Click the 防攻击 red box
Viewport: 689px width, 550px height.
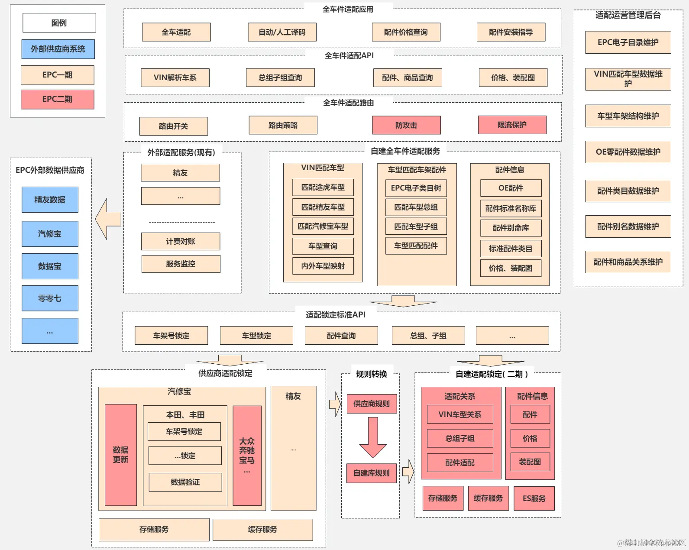point(406,125)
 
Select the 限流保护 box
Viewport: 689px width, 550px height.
point(512,125)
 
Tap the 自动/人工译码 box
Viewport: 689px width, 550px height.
point(282,32)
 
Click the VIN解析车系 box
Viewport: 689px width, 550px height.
point(175,78)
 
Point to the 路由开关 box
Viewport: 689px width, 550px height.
point(173,126)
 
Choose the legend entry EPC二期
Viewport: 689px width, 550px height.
point(57,99)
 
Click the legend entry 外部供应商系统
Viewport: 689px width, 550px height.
point(58,49)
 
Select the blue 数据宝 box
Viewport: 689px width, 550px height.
point(50,266)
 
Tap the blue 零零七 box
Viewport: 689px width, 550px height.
point(50,298)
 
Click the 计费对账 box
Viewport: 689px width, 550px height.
point(181,241)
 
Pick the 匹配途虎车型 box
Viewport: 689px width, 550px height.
point(323,187)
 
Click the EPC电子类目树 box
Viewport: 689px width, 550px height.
point(416,188)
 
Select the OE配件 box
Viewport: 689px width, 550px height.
point(511,188)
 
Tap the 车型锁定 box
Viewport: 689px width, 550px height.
point(256,336)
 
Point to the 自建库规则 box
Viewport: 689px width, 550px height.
point(372,473)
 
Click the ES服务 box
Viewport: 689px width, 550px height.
point(534,498)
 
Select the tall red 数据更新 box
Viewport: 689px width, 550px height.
point(121,455)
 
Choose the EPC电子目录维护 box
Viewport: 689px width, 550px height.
point(628,42)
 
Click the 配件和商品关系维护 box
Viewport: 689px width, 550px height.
point(628,262)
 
